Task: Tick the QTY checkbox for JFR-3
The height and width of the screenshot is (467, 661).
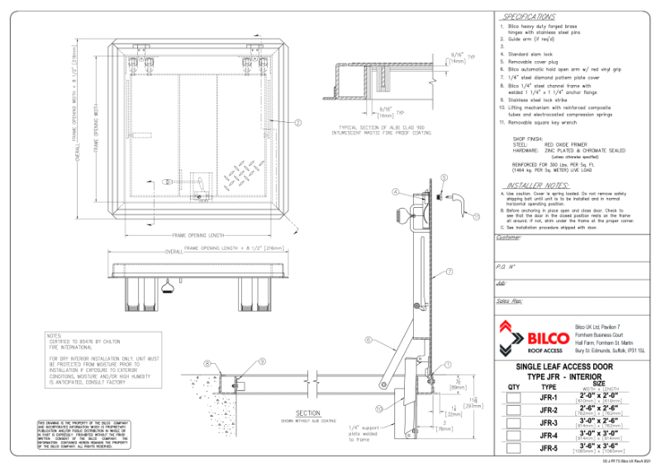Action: coord(514,423)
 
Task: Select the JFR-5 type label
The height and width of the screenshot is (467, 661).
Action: coord(549,449)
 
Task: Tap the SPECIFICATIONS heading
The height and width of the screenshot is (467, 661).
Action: coord(530,17)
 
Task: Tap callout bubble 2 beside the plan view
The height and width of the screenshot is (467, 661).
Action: coord(297,122)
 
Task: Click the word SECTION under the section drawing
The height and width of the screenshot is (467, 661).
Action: coord(308,413)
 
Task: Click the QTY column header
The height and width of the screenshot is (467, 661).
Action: coord(514,385)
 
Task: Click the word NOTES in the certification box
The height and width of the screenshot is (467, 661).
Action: coord(55,336)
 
